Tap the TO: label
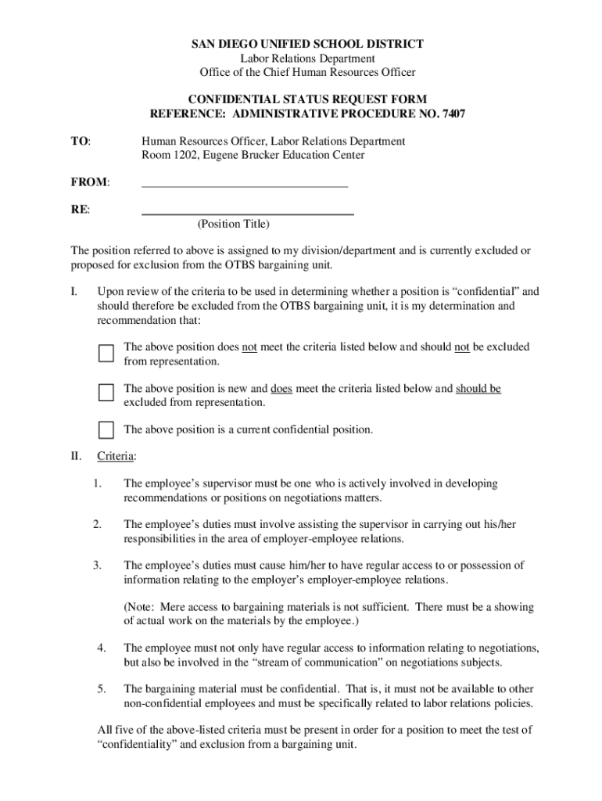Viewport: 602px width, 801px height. pos(81,141)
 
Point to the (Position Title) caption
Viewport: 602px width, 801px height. pos(233,224)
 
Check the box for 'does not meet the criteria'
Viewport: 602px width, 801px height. pos(106,354)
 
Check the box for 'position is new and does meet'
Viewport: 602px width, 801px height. pos(106,393)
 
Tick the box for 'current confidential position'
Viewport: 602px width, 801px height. pos(106,429)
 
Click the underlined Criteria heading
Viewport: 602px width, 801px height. pos(116,456)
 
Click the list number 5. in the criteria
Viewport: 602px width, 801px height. pos(102,689)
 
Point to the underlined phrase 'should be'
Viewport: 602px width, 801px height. pos(478,389)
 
